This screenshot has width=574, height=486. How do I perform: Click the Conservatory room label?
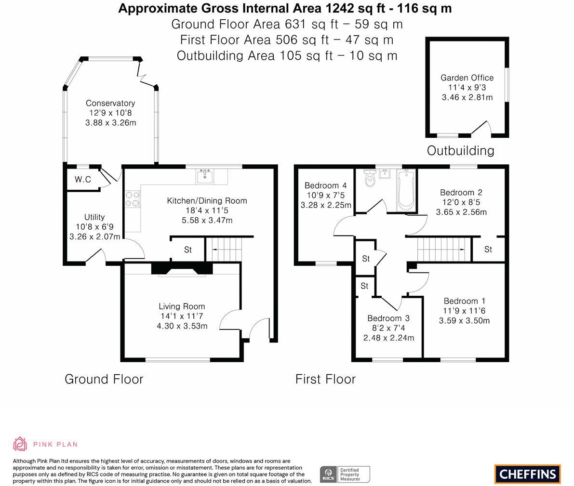tap(110, 103)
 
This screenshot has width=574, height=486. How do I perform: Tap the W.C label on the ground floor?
tap(83, 180)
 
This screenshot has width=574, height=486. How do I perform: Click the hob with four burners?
tap(133, 199)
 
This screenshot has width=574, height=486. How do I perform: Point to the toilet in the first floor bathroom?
tap(370, 179)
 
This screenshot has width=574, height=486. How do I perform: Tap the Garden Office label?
tap(467, 78)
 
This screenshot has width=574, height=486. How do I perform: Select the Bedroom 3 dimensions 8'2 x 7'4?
tap(388, 328)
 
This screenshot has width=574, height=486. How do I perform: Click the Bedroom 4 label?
tap(325, 185)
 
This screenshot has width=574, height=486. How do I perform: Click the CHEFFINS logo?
tap(527, 474)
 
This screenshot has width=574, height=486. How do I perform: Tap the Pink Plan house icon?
tap(20, 444)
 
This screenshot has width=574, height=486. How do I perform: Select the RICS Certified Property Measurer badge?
tap(345, 474)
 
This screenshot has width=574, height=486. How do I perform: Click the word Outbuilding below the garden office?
tap(460, 151)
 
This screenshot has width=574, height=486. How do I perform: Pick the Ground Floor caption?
tap(104, 379)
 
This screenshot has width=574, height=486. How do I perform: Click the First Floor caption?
tap(325, 379)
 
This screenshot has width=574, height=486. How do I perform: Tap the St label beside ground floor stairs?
tap(188, 250)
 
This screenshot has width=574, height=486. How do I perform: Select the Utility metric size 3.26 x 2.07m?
tap(94, 236)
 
